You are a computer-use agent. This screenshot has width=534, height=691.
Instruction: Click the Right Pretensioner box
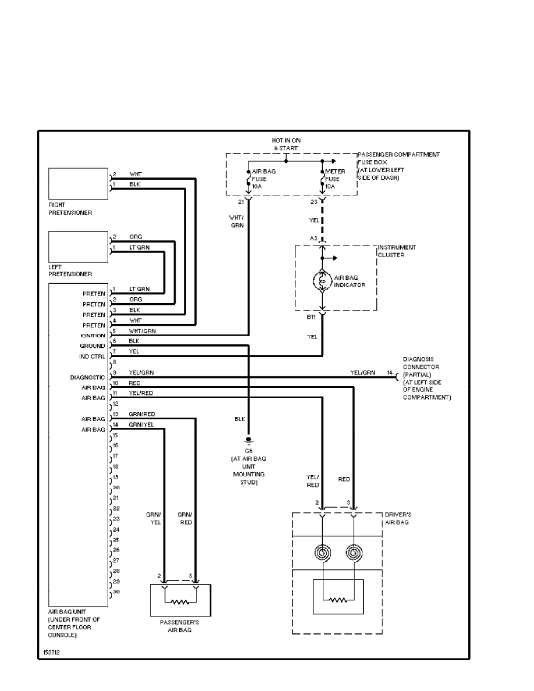pyautogui.click(x=78, y=184)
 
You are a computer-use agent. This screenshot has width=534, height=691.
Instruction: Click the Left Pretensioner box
pyautogui.click(x=78, y=247)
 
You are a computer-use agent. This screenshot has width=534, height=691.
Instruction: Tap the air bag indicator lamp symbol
pyautogui.click(x=322, y=280)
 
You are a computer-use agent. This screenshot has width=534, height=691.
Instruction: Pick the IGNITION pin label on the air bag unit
pyautogui.click(x=93, y=336)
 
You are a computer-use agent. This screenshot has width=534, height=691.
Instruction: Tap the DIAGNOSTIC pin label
pyautogui.click(x=87, y=377)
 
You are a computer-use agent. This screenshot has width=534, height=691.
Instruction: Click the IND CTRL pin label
pyautogui.click(x=92, y=357)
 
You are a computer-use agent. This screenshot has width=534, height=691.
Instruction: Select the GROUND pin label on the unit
pyautogui.click(x=92, y=346)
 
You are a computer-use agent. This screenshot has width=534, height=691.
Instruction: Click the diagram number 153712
pyautogui.click(x=51, y=653)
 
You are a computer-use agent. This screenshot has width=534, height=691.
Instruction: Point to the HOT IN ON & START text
pyautogui.click(x=286, y=144)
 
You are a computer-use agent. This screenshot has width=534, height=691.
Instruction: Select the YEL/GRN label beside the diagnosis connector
pyautogui.click(x=362, y=372)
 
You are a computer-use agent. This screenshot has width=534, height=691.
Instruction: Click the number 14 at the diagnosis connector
pyautogui.click(x=390, y=372)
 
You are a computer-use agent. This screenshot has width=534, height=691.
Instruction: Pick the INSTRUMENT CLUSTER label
pyautogui.click(x=397, y=251)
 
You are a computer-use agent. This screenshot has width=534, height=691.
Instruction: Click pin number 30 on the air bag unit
pyautogui.click(x=116, y=592)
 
